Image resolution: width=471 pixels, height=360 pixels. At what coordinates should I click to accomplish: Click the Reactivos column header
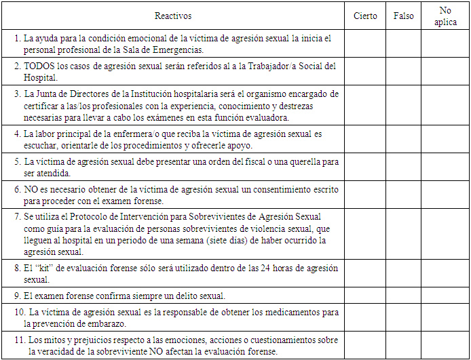[173, 16]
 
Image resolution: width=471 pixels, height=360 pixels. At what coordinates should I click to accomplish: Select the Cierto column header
[366, 16]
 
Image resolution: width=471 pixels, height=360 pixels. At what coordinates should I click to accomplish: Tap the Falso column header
[403, 16]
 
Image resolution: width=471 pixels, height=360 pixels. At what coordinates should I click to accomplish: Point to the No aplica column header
[445, 16]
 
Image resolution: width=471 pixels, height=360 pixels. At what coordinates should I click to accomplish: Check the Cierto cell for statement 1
[366, 44]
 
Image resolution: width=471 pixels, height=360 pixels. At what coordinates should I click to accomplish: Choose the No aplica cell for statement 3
[445, 104]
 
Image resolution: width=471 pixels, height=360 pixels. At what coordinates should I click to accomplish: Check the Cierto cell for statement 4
[366, 140]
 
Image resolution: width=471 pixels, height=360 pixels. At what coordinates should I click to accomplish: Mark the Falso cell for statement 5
[403, 167]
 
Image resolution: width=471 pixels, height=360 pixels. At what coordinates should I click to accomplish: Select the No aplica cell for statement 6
[445, 195]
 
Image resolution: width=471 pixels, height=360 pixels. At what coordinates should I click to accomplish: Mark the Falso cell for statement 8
[403, 274]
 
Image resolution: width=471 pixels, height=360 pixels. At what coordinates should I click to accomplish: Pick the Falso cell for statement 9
[403, 296]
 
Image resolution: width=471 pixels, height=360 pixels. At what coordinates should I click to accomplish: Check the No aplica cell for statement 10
[445, 317]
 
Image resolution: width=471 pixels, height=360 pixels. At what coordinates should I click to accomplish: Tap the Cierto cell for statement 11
[366, 346]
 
